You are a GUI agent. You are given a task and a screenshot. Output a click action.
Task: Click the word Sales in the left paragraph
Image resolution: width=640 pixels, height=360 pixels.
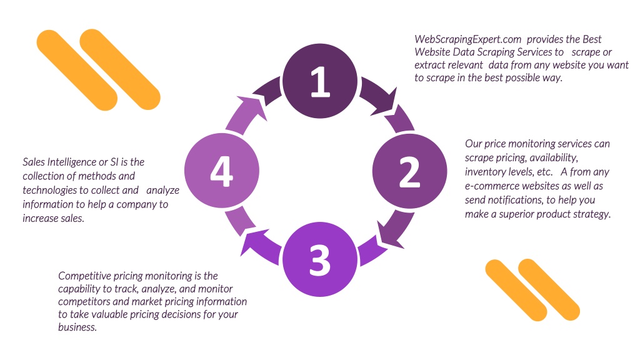tap(34, 162)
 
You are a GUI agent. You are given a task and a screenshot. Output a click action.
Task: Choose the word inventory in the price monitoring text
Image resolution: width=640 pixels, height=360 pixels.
tap(487, 172)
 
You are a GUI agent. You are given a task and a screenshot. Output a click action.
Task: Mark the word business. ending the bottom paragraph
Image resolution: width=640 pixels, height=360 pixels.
tap(77, 327)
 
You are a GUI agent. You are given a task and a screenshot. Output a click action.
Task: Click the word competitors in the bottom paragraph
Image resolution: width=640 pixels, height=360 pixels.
tap(84, 302)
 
